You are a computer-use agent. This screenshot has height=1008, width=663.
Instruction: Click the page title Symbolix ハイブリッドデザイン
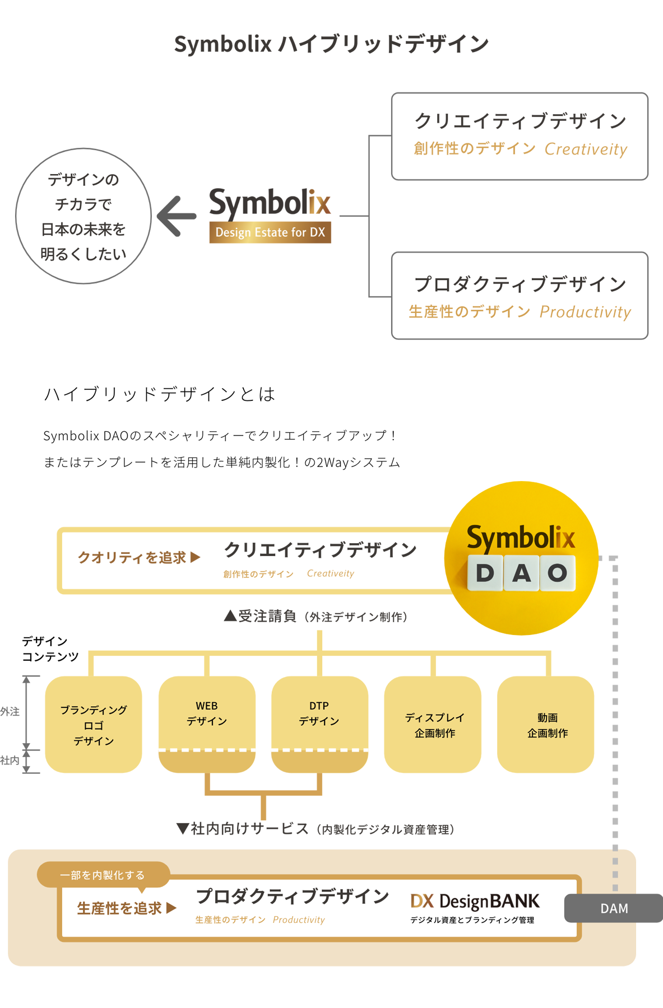coord(331,44)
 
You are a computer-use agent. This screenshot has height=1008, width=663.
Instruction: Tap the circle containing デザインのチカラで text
coord(84,216)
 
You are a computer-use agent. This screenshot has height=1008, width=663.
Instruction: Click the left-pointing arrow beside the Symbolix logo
coord(177,216)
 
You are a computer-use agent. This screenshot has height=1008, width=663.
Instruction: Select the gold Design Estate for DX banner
coord(270,232)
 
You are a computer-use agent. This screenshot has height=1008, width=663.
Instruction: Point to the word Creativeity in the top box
coord(586,150)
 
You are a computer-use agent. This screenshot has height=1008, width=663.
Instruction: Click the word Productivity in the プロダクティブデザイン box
coord(585,312)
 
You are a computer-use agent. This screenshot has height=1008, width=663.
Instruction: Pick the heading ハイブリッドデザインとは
coord(160,394)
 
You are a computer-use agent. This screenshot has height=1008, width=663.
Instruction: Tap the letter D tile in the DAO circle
coord(485,573)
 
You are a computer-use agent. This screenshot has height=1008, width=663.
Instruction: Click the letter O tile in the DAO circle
coord(558,573)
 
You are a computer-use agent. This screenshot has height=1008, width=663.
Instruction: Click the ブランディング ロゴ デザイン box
coord(94,725)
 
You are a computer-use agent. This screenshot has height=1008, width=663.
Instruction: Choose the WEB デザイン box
coord(207,713)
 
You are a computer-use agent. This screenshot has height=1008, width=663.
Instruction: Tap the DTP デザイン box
coord(319,713)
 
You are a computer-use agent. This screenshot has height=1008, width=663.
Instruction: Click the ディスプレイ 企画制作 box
coord(433,725)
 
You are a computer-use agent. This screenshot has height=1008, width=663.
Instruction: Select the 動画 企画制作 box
coord(546,725)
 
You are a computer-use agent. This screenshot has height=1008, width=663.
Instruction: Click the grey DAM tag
coord(614,908)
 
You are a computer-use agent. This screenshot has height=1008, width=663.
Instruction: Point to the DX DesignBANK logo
coord(475,901)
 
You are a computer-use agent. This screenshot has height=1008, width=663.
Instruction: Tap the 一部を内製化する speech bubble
coord(103,875)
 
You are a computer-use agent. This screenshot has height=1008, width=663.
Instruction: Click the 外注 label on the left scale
coord(10,712)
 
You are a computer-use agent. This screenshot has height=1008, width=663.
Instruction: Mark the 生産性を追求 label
coord(120,908)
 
